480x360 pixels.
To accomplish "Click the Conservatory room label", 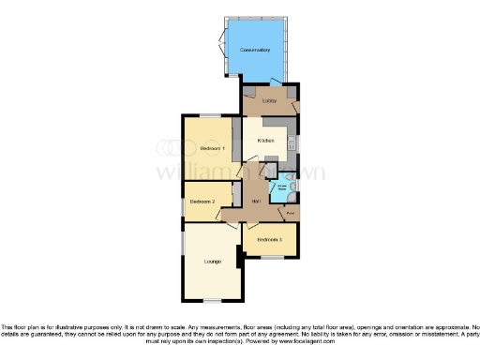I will [x=254, y=49].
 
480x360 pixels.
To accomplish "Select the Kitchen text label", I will [x=265, y=141].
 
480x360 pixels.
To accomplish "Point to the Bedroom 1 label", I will [x=213, y=149].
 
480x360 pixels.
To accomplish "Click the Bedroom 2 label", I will [x=203, y=201].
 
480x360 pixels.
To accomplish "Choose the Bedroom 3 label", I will [x=269, y=239].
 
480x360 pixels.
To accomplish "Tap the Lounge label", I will [x=213, y=261].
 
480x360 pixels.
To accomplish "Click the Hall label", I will [x=255, y=200].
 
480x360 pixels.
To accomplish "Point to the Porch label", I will [x=291, y=213].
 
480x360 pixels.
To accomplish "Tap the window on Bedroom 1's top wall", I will [x=208, y=114].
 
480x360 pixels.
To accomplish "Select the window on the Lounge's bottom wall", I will [x=213, y=300].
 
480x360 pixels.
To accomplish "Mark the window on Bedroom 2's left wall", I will [x=183, y=201].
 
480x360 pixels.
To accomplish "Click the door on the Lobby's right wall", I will [x=296, y=105].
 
